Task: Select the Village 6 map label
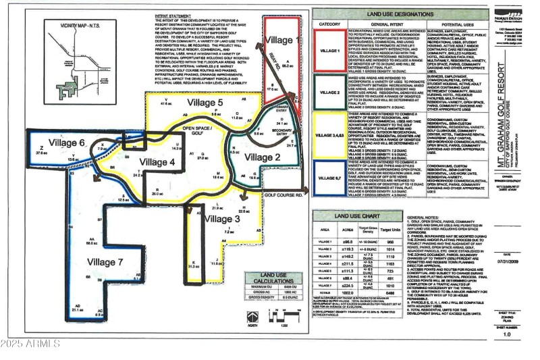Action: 65,143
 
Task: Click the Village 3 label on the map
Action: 221,219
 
